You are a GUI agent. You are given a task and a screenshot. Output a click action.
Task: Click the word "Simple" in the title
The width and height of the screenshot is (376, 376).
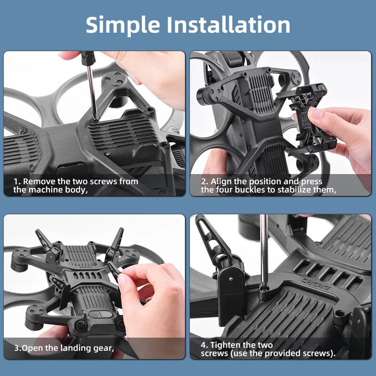[123, 25]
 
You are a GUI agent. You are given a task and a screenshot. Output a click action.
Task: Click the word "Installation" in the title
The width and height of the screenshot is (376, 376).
[228, 24]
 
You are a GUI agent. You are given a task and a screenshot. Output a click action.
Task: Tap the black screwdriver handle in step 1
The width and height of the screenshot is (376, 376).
[88, 58]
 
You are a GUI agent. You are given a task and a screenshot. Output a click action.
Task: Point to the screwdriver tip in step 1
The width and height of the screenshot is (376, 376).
[95, 119]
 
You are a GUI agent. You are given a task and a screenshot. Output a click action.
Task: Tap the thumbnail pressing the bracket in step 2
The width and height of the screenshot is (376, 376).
[315, 113]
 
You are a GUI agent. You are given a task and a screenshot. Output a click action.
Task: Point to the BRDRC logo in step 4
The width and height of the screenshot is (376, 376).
[316, 284]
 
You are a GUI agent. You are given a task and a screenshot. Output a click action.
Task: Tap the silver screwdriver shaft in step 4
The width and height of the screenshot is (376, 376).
[264, 250]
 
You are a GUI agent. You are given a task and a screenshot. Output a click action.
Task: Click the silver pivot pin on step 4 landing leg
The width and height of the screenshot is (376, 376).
[231, 279]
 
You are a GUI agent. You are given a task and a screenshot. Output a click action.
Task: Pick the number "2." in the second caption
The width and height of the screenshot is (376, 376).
[204, 182]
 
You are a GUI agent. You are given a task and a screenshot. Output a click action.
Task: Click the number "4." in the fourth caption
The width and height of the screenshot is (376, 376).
[204, 345]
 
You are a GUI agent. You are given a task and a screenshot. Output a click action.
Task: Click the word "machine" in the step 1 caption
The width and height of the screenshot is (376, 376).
[49, 190]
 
